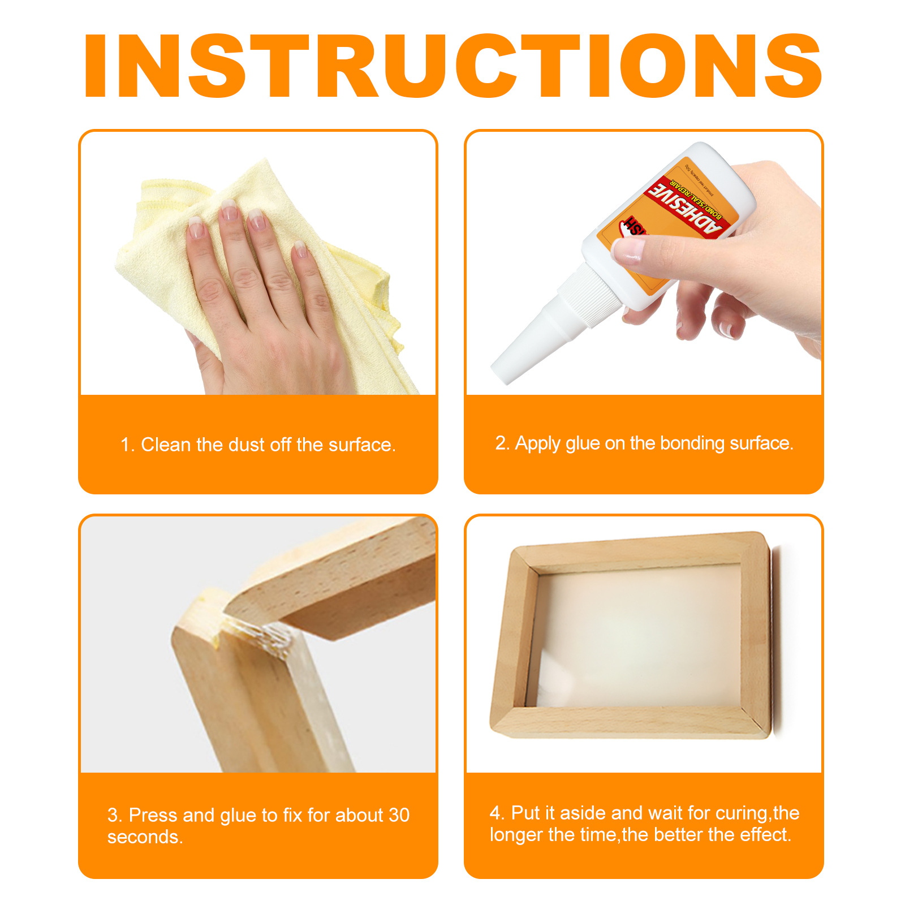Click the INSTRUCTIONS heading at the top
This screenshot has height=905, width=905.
tap(453, 66)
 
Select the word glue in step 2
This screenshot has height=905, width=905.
tap(582, 443)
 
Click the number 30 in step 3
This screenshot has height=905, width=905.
tap(399, 815)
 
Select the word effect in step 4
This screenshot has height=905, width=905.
tap(764, 835)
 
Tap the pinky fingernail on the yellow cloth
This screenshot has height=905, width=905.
tap(300, 249)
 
